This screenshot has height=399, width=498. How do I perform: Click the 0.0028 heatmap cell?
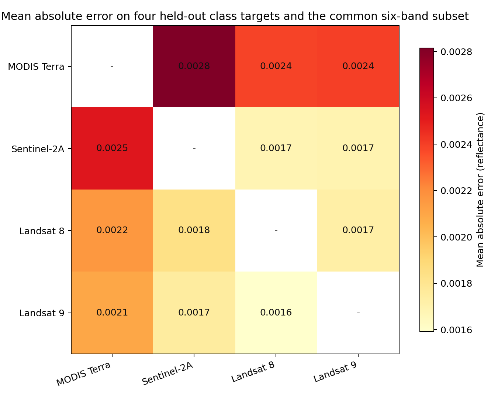coord(194,66)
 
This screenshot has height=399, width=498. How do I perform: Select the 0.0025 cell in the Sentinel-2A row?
coord(112,149)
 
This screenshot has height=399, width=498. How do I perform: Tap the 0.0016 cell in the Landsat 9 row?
coord(276,313)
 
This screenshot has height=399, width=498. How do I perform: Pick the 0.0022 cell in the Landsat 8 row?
coord(112,231)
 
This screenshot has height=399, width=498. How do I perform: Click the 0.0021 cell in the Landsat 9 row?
coord(112,313)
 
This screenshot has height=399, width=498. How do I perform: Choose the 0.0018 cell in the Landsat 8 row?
coord(194,231)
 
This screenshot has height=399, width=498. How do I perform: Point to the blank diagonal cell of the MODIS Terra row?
coord(112,66)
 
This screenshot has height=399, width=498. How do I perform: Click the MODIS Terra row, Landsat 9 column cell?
coord(358,66)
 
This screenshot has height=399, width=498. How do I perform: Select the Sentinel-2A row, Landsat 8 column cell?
coord(276,149)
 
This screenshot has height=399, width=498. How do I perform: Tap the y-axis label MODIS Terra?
coord(36,67)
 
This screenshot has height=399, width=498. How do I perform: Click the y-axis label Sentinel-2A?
coord(38,149)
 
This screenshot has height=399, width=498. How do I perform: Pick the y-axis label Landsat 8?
coord(42,231)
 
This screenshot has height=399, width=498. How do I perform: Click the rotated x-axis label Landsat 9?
coord(335,372)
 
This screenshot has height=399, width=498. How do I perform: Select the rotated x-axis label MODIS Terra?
coord(84,374)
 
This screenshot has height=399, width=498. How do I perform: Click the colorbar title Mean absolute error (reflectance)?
coord(480,190)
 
